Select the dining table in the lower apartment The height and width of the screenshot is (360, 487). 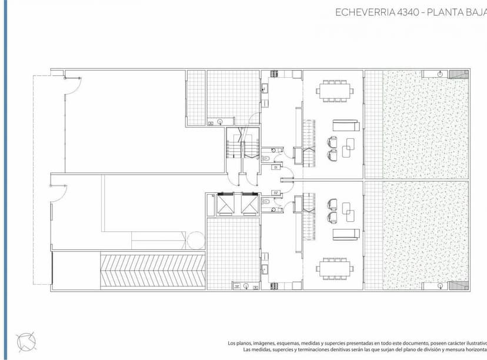[x=334, y=269]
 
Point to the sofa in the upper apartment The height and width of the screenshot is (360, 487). [x=346, y=125]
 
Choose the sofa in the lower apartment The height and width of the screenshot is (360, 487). [x=346, y=234]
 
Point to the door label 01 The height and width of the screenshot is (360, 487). [x=275, y=167]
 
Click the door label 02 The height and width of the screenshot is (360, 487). [x=275, y=193]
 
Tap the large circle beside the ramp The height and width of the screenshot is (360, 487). [x=195, y=239]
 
